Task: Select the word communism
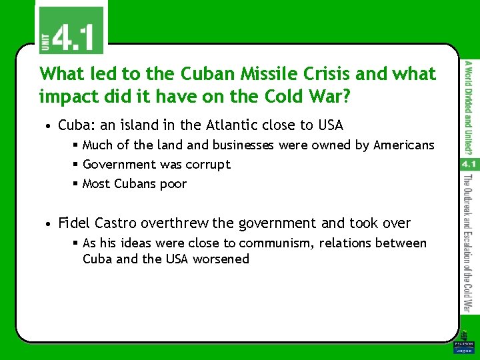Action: [277, 243]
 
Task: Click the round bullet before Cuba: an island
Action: [49, 126]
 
